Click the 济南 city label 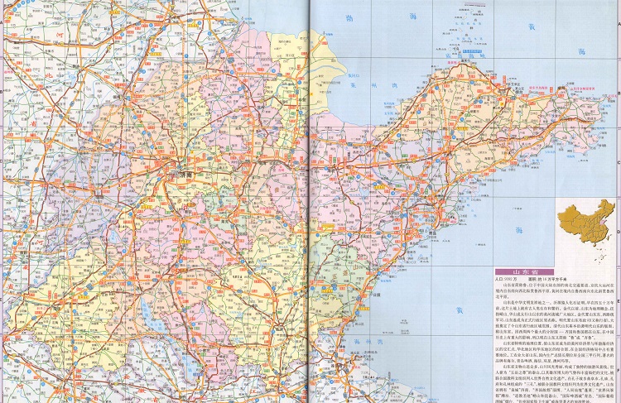(x=184, y=175)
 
